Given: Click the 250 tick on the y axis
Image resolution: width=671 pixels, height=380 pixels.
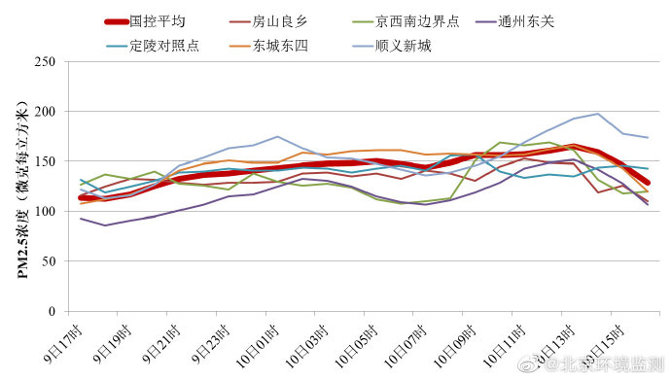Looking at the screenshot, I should click(44, 61).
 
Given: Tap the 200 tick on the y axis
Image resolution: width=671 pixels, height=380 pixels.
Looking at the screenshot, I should click(44, 112).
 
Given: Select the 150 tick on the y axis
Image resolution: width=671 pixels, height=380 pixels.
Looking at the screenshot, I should click(44, 161).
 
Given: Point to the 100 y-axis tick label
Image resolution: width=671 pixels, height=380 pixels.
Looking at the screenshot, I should click(44, 212).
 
